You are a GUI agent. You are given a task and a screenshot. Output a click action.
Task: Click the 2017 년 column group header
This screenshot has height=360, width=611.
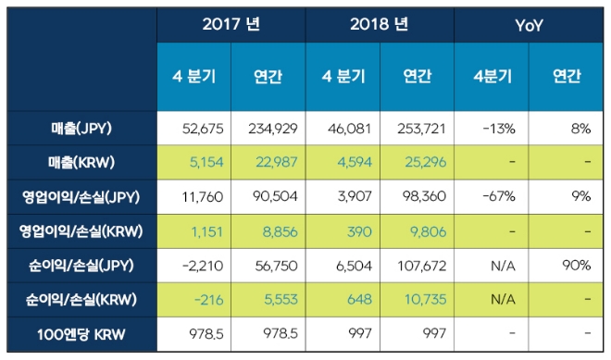click(x=231, y=25)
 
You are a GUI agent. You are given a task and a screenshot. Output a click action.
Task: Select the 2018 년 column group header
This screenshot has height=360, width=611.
click(x=379, y=25)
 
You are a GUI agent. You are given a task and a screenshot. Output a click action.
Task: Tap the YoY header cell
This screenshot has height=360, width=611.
click(x=529, y=25)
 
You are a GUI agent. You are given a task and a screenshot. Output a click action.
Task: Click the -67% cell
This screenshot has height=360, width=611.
click(x=492, y=197)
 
